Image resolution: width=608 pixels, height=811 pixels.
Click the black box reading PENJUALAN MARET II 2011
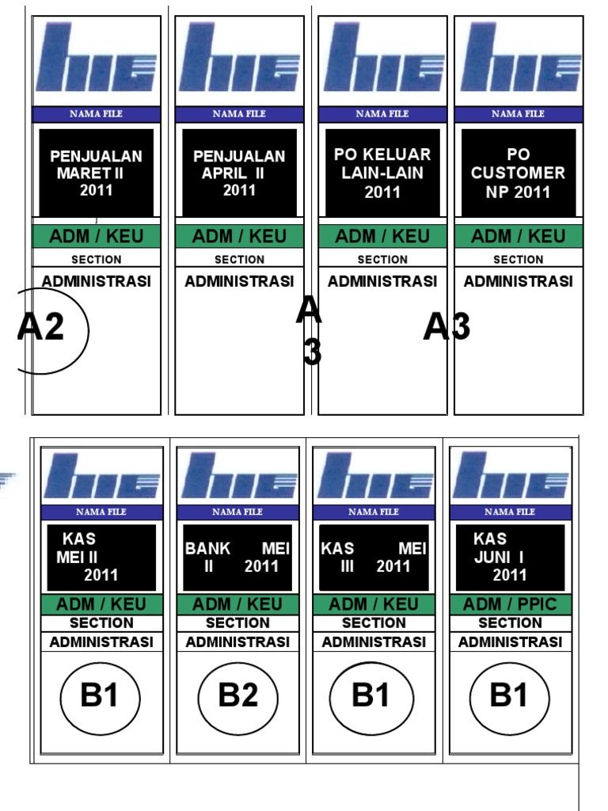[96, 172]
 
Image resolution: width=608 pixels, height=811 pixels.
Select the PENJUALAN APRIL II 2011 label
[239, 172]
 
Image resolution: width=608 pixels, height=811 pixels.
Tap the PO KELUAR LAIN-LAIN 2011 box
[382, 172]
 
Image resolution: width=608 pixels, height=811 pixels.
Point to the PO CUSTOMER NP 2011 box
[519, 172]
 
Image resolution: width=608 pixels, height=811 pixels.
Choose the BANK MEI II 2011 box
[237, 557]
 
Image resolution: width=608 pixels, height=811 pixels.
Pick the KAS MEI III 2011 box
[374, 557]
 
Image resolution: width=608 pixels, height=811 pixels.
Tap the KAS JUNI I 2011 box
[510, 557]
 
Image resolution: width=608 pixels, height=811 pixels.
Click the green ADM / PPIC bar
[510, 604]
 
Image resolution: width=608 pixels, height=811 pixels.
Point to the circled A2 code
[44, 328]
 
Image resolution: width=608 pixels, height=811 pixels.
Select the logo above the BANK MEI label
[237, 475]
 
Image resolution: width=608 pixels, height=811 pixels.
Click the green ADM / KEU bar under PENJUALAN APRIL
[239, 236]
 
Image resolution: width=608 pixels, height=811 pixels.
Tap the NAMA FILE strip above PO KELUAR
[382, 114]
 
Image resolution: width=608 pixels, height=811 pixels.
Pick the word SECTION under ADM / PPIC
[510, 623]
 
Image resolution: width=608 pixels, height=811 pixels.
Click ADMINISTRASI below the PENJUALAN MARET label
[96, 281]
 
